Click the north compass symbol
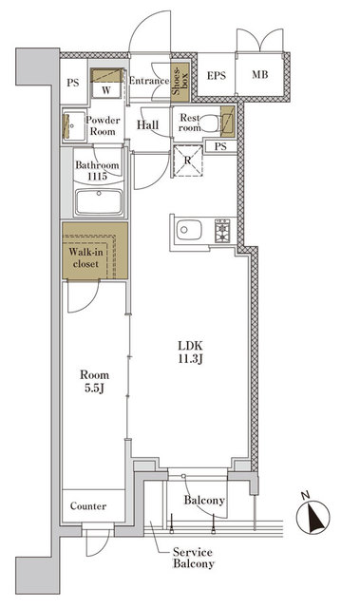point(313,515)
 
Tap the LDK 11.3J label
point(191,351)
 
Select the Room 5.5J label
point(95,381)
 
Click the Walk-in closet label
point(86,257)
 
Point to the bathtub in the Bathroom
point(99,201)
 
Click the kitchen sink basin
point(189,230)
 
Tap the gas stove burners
point(222,231)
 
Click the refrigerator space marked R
point(188,161)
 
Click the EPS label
point(217,76)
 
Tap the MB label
point(259,74)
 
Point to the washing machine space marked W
point(106,91)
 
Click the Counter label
point(88,506)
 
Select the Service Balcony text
point(194,558)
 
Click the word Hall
point(147,124)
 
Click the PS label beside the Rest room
point(220,147)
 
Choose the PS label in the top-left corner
point(73,83)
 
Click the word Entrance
point(149,81)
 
